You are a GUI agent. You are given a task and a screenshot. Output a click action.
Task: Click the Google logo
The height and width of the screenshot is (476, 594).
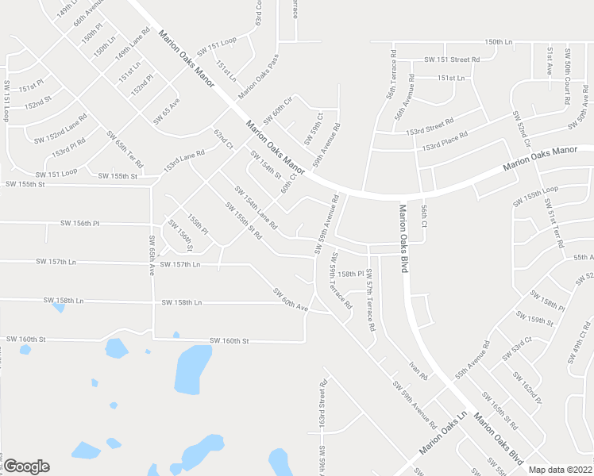coord(26,466)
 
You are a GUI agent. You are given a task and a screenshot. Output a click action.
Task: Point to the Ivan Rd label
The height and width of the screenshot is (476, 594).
coord(418,370)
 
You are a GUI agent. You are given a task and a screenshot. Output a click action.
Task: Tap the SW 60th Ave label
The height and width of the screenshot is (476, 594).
coord(290,302)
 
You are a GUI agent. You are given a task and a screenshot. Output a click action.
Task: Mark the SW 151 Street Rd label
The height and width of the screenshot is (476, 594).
coord(452,59)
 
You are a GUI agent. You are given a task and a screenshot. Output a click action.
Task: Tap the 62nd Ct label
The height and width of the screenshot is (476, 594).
coord(223,139)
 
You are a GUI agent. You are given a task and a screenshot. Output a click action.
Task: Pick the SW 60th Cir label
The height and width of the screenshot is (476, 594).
coord(277,109)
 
